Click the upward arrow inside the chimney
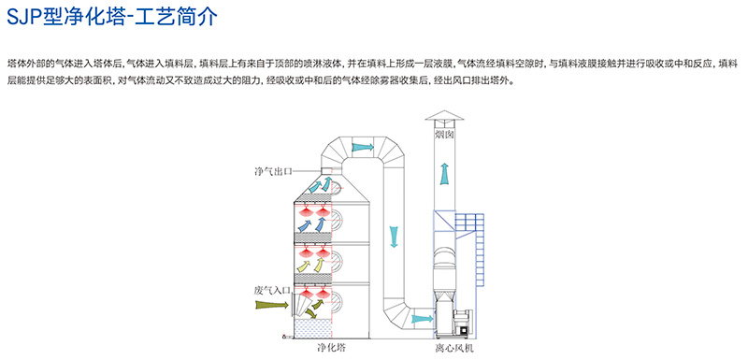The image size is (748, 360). tap(444, 175)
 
